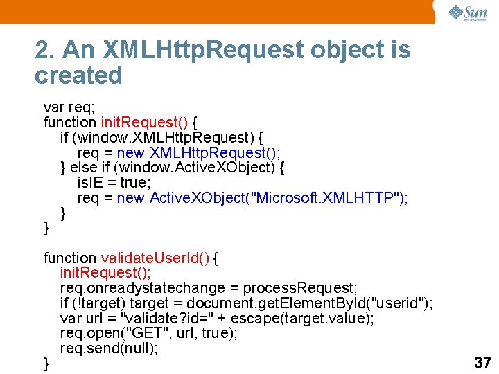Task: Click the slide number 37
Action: pos(482,362)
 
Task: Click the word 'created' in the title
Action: pos(78,75)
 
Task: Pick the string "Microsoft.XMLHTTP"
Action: pos(327,198)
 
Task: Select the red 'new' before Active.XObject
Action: pos(130,198)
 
